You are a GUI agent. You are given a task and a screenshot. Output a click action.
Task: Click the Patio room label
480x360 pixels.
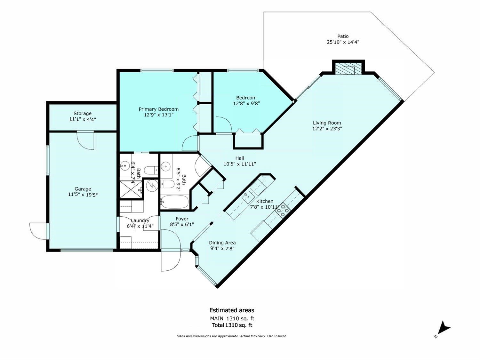pos(343,36)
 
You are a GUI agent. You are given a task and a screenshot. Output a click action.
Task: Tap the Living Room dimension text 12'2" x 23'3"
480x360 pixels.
pos(327,129)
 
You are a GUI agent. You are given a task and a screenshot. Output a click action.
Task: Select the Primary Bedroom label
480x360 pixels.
pos(158,109)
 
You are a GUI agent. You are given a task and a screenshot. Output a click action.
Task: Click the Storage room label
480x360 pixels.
pos(83,114)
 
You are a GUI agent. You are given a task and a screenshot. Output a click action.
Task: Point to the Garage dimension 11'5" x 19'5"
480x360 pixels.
pos(83,195)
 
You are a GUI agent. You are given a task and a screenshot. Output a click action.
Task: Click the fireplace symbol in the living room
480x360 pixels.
pos(348,69)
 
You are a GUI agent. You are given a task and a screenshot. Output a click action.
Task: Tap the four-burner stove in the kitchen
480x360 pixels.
pos(283,210)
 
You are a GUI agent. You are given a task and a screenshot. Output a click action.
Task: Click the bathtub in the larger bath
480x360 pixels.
pos(175,202)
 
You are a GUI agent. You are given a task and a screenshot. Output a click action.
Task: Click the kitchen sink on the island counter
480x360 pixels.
pos(249,195)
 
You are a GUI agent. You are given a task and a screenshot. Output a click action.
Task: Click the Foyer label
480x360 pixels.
pos(182,219)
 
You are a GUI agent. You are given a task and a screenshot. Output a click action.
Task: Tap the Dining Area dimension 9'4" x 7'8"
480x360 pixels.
pos(222,248)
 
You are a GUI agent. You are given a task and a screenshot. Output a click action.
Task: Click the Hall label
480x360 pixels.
pos(240,158)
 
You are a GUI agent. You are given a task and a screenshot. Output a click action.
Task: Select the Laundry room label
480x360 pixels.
pos(140,220)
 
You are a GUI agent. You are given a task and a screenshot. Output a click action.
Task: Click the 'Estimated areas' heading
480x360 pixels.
pos(232,310)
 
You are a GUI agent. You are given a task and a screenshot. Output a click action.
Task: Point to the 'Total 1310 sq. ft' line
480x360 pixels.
pos(232,325)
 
